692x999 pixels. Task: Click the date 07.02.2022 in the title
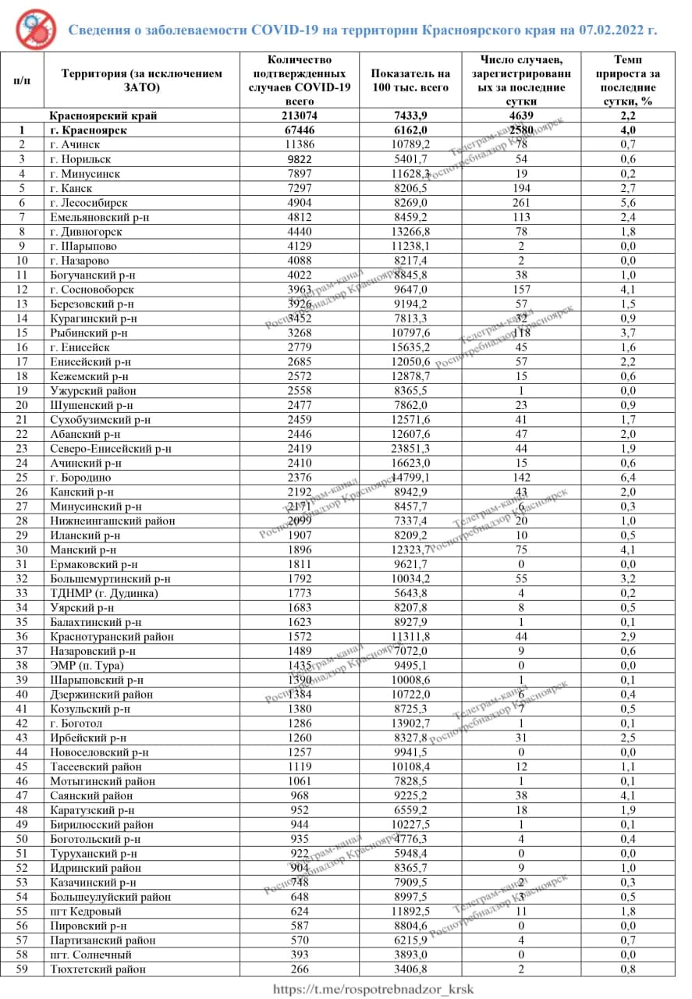point(613,30)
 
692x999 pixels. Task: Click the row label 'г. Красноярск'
point(88,130)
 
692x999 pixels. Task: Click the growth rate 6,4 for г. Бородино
point(627,478)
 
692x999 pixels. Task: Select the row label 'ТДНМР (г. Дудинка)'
point(105,593)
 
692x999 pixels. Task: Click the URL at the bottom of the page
point(372,989)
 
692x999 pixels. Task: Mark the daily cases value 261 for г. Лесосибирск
point(521,203)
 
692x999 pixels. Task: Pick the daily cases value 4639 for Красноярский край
point(521,116)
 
